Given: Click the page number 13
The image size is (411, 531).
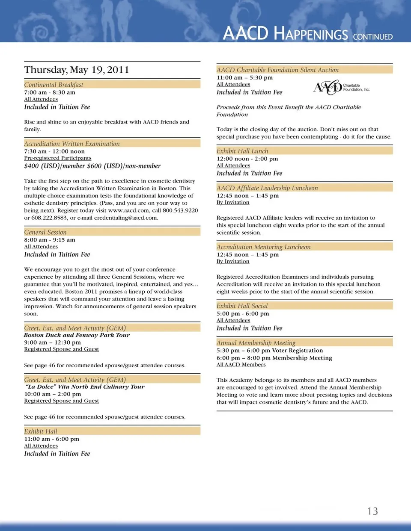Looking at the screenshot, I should pos(372,511).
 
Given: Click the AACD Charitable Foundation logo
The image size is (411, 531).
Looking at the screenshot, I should pos(341,87).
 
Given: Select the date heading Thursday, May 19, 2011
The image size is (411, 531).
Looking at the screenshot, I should pos(77,70).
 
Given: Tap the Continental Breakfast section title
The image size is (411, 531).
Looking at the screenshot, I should pos(54,85).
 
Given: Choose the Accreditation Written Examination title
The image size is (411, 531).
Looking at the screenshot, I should pos(72,144).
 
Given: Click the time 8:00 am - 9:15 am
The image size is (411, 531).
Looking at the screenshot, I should pos(50,240).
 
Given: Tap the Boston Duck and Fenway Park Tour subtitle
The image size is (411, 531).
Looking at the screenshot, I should pos(77,335).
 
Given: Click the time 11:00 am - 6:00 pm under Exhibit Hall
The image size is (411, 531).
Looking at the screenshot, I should pos(52,439).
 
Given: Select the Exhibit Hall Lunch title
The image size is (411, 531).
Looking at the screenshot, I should pos(242,151).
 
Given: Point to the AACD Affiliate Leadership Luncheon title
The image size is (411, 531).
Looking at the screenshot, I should pos(267,188).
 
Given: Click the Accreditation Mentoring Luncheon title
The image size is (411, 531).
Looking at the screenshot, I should pos(263,247).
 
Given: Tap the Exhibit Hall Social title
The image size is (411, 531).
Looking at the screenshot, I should pos(242,306).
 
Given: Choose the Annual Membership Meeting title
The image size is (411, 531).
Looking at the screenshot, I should pos(256,342).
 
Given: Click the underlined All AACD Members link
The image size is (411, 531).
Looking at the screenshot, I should pos(241,365).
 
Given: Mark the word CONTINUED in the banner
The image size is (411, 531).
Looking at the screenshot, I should pos(372,37).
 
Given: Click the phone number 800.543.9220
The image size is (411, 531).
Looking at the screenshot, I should pos(180,210).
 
